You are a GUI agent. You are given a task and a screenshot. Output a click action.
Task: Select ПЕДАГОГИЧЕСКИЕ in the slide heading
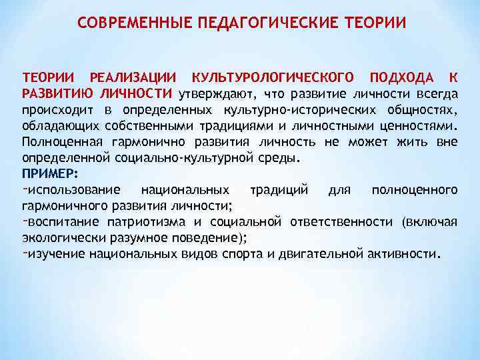coord(254,23)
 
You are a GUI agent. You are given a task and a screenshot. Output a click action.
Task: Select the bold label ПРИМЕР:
coord(50,174)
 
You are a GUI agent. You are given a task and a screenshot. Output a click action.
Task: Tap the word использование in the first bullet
coord(75,190)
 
